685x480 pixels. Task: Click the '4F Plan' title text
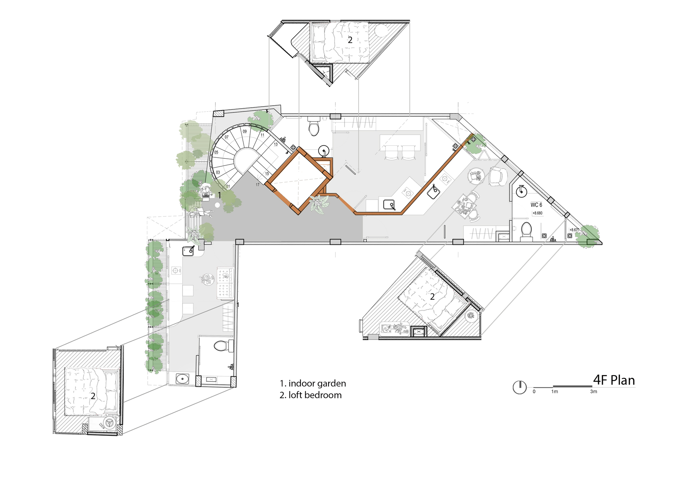tap(614, 380)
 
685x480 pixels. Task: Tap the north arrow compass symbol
tap(520, 387)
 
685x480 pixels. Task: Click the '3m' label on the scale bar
tap(594, 392)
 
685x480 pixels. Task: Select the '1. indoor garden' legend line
tap(313, 383)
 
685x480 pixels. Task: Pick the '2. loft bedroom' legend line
tap(311, 395)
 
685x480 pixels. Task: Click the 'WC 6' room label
tap(536, 205)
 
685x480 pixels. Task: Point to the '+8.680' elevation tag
tap(537, 213)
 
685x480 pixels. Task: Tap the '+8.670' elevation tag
tap(574, 230)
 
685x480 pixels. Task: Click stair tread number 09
tap(245, 131)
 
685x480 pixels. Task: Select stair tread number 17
tap(258, 185)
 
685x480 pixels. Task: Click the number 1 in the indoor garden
tap(220, 195)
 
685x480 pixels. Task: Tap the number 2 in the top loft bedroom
tap(350, 40)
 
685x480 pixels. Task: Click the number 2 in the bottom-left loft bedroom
tap(93, 396)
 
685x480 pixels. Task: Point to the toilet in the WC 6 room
tap(526, 230)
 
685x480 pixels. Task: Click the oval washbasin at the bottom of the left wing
tap(183, 379)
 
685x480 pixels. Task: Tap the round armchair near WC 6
tap(497, 176)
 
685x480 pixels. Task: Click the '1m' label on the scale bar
tap(555, 392)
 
